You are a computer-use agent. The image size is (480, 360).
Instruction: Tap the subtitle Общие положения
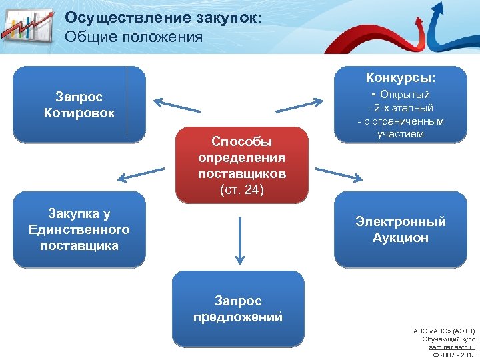tap(133, 37)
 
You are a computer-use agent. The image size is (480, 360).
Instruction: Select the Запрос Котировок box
tap(79, 105)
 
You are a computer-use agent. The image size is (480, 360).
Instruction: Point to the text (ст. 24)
tap(241, 190)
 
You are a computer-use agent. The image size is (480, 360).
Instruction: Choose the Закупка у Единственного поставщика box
tap(79, 229)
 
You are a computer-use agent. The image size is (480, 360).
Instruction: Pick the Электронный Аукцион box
tap(400, 229)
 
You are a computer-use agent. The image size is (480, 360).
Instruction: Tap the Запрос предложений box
tap(238, 309)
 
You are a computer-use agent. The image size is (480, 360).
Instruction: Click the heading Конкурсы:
tap(401, 78)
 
